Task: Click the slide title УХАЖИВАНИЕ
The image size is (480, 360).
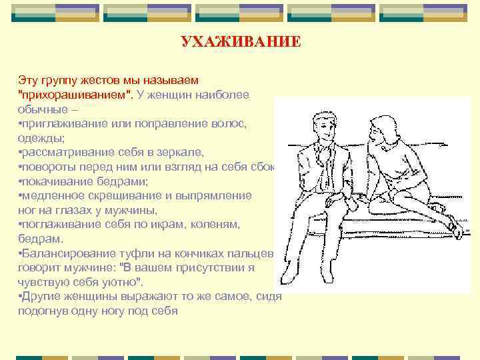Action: (x=241, y=43)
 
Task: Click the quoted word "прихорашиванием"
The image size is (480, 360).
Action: (x=75, y=95)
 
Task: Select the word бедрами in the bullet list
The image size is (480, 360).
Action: (x=121, y=181)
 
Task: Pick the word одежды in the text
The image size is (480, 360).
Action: (x=41, y=138)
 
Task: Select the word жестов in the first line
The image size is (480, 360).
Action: (x=101, y=81)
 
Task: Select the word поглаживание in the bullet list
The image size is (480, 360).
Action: (x=55, y=224)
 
